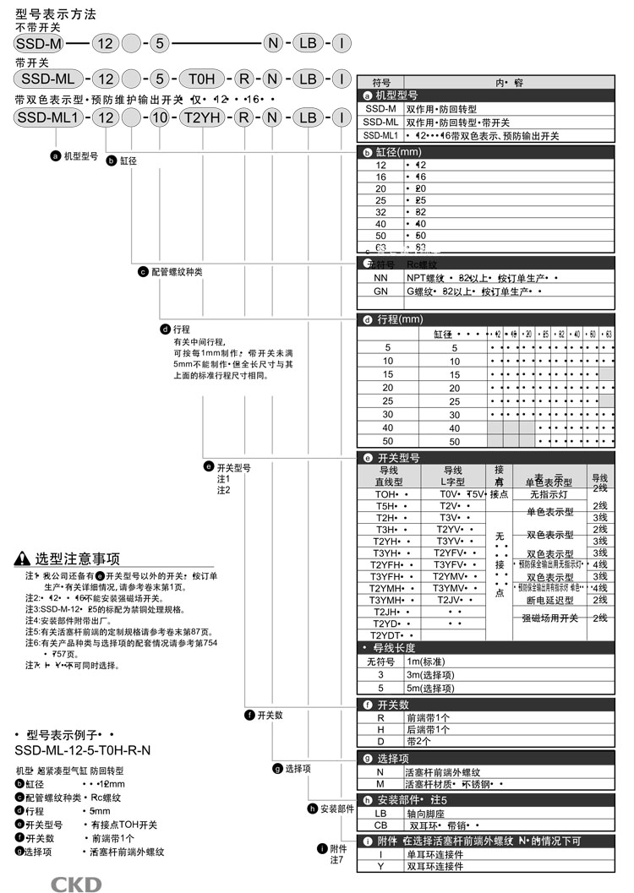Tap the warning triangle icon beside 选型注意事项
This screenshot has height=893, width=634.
tap(23, 558)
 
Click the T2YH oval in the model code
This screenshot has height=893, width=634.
tap(203, 117)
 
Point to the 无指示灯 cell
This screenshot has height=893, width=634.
tap(550, 493)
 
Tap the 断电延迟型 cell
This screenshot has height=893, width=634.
tap(550, 600)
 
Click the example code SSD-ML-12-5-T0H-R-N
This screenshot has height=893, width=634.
tap(83, 749)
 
